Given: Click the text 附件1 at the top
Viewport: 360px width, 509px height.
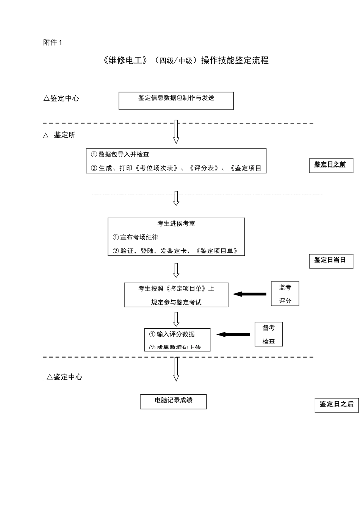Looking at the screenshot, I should pos(53,42).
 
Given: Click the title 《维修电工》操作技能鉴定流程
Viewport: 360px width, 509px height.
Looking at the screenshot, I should pos(185,60).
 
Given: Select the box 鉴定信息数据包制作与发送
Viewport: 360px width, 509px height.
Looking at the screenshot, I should pos(176,100).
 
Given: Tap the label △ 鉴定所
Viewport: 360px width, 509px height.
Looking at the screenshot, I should pos(59,135).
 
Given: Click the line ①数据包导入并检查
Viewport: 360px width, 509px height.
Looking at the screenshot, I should pos(120,155).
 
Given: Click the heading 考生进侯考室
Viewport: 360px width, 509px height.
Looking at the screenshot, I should pos(176,223).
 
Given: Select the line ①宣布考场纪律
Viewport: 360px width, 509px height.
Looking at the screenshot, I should pos(135,237).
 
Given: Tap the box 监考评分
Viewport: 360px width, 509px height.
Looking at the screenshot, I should pos(285,294).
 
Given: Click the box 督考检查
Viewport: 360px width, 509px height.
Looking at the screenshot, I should pos(269,334).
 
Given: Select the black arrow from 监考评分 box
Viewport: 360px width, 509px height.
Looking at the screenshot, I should pos(250,294).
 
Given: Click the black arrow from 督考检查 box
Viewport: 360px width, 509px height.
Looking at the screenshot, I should pos(233,334).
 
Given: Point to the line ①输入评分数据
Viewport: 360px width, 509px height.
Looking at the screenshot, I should pos(172,334).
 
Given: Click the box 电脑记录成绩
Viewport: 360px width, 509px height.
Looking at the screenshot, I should pos(174,401).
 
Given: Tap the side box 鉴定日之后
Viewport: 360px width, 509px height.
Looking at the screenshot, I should pos(337,404).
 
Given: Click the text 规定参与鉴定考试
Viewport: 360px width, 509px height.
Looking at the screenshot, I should pos(176,302).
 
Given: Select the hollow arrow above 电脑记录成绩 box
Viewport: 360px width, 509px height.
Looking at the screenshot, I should pos(176,369).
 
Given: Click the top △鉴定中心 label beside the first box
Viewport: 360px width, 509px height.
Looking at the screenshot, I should pos(61,98).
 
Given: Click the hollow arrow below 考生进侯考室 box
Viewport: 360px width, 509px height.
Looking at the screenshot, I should pos(176,270).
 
